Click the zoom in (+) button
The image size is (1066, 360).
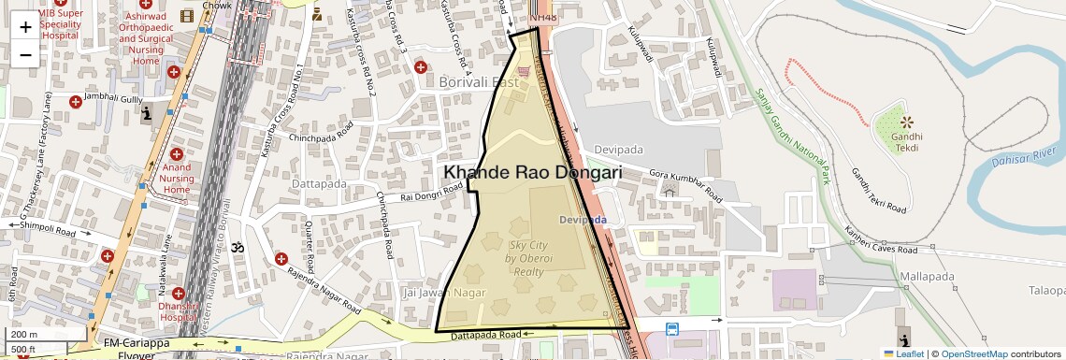[x=25, y=26]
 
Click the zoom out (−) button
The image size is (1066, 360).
[x=25, y=54]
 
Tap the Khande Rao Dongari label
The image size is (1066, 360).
[x=532, y=173]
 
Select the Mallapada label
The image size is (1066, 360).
[x=927, y=278]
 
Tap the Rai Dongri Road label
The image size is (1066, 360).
[x=431, y=193]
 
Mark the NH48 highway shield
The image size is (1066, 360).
[x=541, y=18]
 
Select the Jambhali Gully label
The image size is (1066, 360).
[x=113, y=97]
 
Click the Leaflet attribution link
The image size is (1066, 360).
[x=903, y=353]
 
